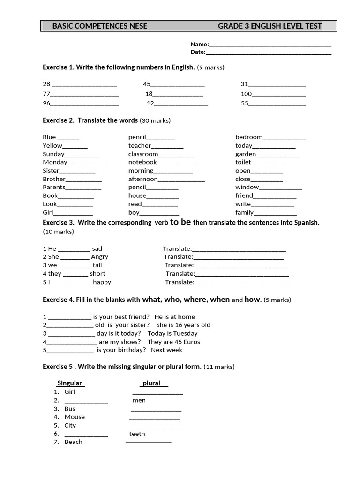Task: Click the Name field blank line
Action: point(270,45)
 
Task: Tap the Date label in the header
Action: point(198,52)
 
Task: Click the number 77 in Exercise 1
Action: point(46,94)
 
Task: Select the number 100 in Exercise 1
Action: point(246,94)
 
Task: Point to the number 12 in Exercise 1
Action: point(150,103)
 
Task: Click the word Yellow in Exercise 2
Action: point(52,145)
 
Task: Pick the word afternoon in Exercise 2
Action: point(143,179)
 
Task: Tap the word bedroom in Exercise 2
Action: point(249,137)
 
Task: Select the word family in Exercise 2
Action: point(244,212)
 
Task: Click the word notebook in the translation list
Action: point(142,162)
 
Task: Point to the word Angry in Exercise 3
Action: point(99,256)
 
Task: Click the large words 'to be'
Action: point(180,222)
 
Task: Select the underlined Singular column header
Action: point(70,383)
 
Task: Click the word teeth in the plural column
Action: point(137,434)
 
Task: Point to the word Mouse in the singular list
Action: point(75,417)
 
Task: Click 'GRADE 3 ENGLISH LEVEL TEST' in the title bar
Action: point(270,26)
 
